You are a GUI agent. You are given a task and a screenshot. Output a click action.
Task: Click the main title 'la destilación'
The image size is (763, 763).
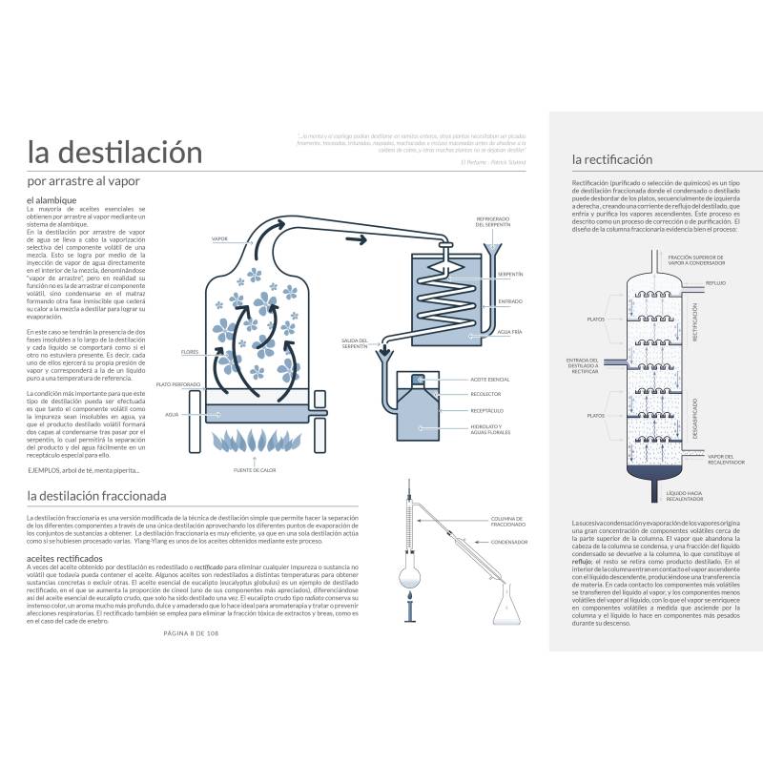click(x=114, y=153)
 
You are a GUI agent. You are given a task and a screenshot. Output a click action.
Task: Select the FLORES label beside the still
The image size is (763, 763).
click(x=190, y=352)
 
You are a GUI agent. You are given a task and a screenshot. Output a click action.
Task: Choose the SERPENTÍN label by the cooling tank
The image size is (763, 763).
click(x=510, y=274)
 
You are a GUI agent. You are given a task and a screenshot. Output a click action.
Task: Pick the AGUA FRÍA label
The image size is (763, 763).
click(x=509, y=331)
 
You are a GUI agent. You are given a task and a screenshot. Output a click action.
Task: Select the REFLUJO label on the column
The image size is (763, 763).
click(x=716, y=283)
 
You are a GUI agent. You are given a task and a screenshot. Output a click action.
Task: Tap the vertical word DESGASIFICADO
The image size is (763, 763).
click(x=694, y=420)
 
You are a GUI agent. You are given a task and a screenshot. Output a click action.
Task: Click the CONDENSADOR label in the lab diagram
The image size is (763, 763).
click(x=509, y=541)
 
